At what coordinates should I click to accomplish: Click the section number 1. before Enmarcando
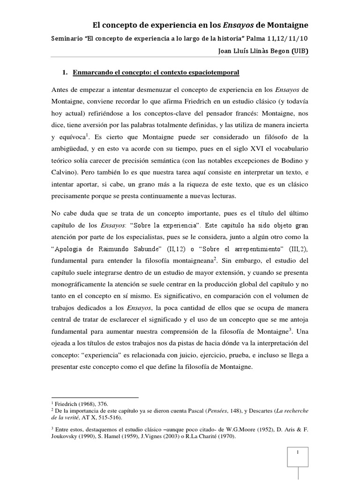click(x=65, y=73)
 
